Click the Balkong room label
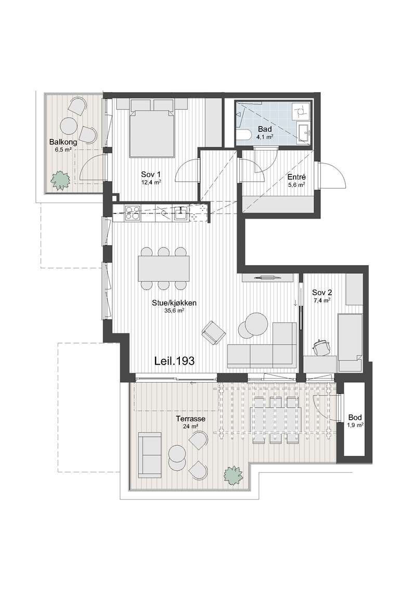(63, 142)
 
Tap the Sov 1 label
(151, 174)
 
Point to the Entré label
(297, 177)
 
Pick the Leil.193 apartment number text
(174, 361)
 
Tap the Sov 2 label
(322, 293)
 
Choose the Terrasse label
(191, 419)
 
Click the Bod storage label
(355, 417)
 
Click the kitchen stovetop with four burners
(133, 212)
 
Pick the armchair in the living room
(213, 333)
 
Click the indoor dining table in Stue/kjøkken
(164, 268)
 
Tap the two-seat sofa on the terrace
(150, 455)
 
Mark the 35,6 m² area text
(174, 311)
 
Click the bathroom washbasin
(304, 133)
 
